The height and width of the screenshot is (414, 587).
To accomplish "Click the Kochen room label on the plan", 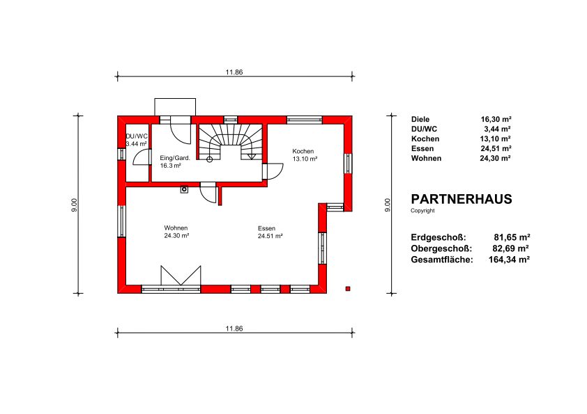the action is pyautogui.click(x=303, y=151).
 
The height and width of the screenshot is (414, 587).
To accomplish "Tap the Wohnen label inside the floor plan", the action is pyautogui.click(x=176, y=228).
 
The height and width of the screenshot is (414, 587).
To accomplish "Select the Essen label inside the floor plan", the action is pyautogui.click(x=266, y=228).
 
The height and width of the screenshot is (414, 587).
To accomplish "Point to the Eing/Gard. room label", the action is pyautogui.click(x=175, y=158).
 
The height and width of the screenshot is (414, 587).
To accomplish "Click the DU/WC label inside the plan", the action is pyautogui.click(x=137, y=136).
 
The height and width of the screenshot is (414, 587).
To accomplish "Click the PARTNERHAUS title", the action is pyautogui.click(x=462, y=199).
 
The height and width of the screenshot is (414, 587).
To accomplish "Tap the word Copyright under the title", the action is pyautogui.click(x=422, y=211).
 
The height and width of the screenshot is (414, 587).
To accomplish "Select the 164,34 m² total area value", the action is pyautogui.click(x=509, y=260).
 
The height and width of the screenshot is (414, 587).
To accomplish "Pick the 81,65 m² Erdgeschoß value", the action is pyautogui.click(x=512, y=237).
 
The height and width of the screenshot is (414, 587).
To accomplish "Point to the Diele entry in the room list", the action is pyautogui.click(x=420, y=120).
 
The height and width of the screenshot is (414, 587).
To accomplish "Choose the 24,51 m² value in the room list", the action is pyautogui.click(x=496, y=149).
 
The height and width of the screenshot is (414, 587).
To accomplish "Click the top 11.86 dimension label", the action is pyautogui.click(x=234, y=72).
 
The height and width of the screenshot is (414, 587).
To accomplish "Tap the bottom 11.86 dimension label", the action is pyautogui.click(x=234, y=328).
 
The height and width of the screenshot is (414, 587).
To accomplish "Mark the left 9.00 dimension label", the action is pyautogui.click(x=74, y=205).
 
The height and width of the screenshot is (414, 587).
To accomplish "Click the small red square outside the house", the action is pyautogui.click(x=348, y=289).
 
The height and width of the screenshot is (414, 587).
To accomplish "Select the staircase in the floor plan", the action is pyautogui.click(x=230, y=143).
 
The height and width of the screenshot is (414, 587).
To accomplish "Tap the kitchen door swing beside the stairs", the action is pyautogui.click(x=275, y=172).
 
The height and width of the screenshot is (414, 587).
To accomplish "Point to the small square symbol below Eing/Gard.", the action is pyautogui.click(x=184, y=189).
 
